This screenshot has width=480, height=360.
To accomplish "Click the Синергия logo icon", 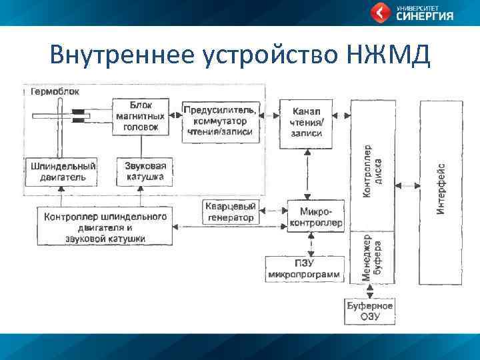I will point(381,12).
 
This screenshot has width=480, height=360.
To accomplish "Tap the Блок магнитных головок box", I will point(140,117).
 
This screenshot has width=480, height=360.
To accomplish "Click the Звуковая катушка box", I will point(145,171).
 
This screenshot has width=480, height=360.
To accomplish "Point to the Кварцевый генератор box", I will point(230,212).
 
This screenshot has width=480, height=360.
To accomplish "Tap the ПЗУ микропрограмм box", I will point(304,269).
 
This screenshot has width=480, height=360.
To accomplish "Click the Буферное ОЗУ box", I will point(370,311).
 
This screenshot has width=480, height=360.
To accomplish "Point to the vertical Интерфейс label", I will point(441,189).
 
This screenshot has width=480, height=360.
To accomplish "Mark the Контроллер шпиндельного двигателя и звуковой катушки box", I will point(105,226).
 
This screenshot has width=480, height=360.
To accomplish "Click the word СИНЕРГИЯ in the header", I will point(425,17).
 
